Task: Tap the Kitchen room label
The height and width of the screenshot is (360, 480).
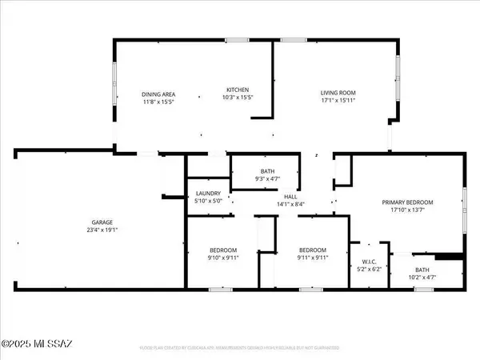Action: [x=238, y=89]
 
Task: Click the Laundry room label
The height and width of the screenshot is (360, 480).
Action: [x=208, y=194]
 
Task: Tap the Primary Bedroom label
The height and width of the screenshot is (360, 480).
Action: [x=406, y=203]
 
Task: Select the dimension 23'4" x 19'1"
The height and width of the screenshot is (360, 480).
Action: [x=100, y=231]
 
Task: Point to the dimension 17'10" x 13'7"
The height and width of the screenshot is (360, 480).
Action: [x=406, y=211]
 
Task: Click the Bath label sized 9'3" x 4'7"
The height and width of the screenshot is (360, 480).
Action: [x=267, y=171]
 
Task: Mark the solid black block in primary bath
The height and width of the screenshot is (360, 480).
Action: [x=452, y=257]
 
